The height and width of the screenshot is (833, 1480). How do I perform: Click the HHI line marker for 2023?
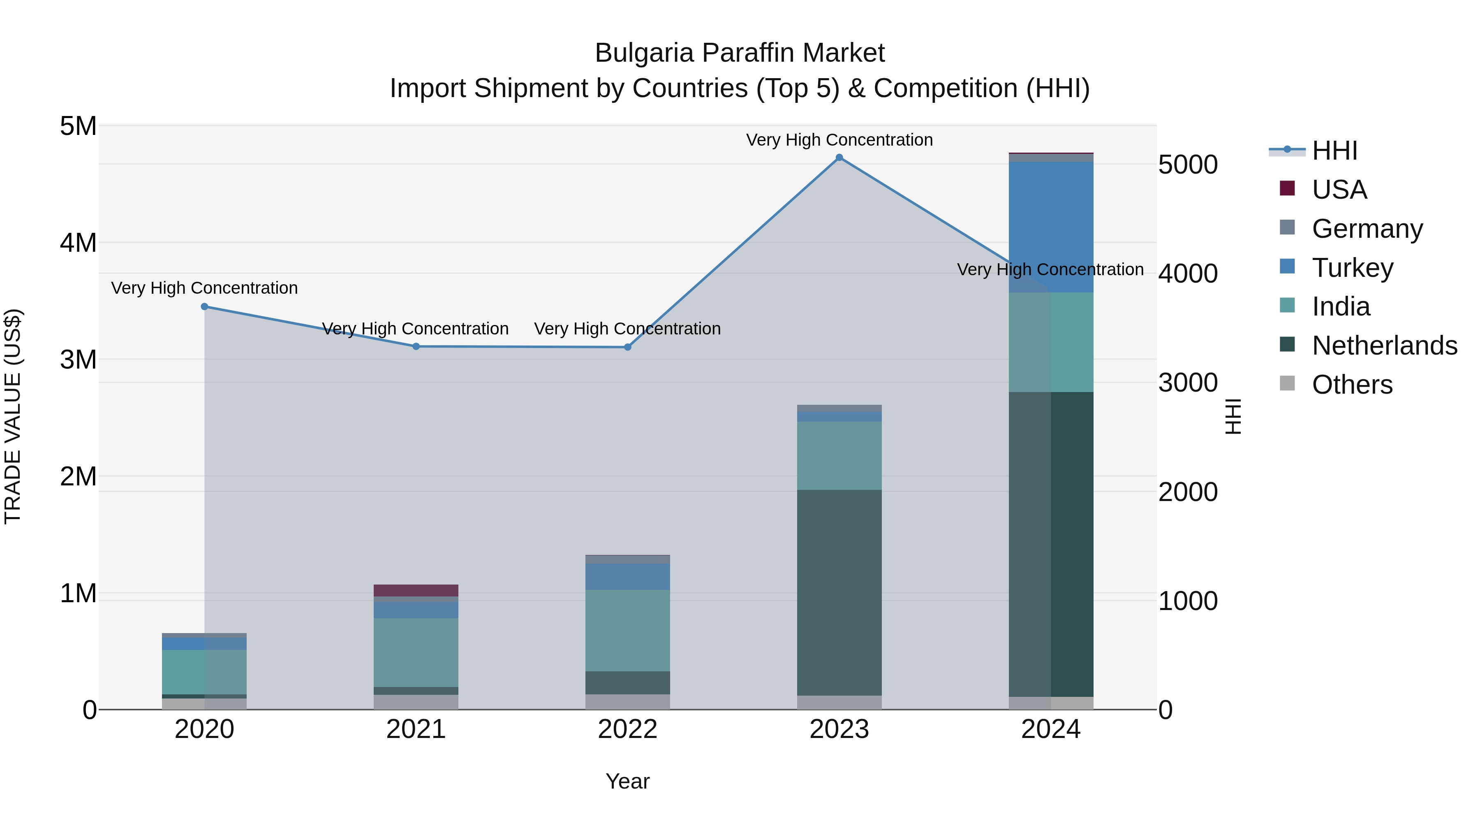pyautogui.click(x=839, y=158)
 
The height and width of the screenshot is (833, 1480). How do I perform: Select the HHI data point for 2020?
pyautogui.click(x=205, y=306)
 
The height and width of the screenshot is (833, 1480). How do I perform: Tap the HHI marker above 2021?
pyautogui.click(x=416, y=346)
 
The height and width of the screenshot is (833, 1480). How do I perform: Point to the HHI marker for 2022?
pyautogui.click(x=627, y=347)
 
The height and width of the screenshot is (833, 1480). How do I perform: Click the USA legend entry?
pyautogui.click(x=1339, y=190)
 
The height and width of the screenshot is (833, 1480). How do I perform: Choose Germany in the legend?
pyautogui.click(x=1367, y=229)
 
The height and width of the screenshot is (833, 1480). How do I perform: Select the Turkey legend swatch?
pyautogui.click(x=1288, y=267)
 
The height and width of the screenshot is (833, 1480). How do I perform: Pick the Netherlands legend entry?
pyautogui.click(x=1385, y=346)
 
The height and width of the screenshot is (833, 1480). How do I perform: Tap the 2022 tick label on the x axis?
pyautogui.click(x=627, y=729)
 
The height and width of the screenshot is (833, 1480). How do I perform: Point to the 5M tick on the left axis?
pyautogui.click(x=78, y=126)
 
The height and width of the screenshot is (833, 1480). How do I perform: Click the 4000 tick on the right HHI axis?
pyautogui.click(x=1188, y=274)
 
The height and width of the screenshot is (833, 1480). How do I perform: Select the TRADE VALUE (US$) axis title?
pyautogui.click(x=13, y=416)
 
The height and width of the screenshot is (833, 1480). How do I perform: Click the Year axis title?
pyautogui.click(x=627, y=781)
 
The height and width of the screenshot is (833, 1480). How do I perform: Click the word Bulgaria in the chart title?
pyautogui.click(x=644, y=53)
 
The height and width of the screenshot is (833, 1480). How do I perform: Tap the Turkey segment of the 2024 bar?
pyautogui.click(x=1051, y=227)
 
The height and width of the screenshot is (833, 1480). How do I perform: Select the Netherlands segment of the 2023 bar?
pyautogui.click(x=839, y=592)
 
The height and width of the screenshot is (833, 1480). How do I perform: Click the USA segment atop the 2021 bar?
pyautogui.click(x=416, y=590)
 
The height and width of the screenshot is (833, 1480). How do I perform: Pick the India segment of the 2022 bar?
pyautogui.click(x=627, y=630)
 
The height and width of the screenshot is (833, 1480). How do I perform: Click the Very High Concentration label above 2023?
pyautogui.click(x=839, y=140)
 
